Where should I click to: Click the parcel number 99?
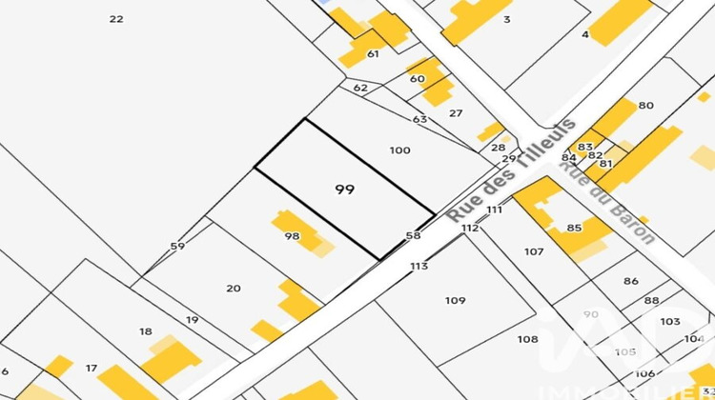click(345, 190)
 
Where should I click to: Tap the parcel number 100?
click(400, 150)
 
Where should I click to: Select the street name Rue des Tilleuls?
click(512, 170)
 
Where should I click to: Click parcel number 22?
click(116, 19)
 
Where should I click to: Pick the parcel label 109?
click(456, 300)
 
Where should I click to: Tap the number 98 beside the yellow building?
click(292, 236)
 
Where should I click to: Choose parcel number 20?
click(234, 289)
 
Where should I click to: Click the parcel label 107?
click(534, 251)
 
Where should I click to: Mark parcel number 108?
click(527, 339)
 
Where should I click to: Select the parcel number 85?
click(573, 228)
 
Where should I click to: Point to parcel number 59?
click(177, 246)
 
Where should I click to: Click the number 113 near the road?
click(419, 267)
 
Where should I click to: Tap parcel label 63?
click(419, 119)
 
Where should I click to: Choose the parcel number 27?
click(456, 113)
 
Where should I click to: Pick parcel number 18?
click(145, 331)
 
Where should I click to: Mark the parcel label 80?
click(646, 106)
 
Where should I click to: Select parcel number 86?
click(630, 281)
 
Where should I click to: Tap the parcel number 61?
click(373, 54)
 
